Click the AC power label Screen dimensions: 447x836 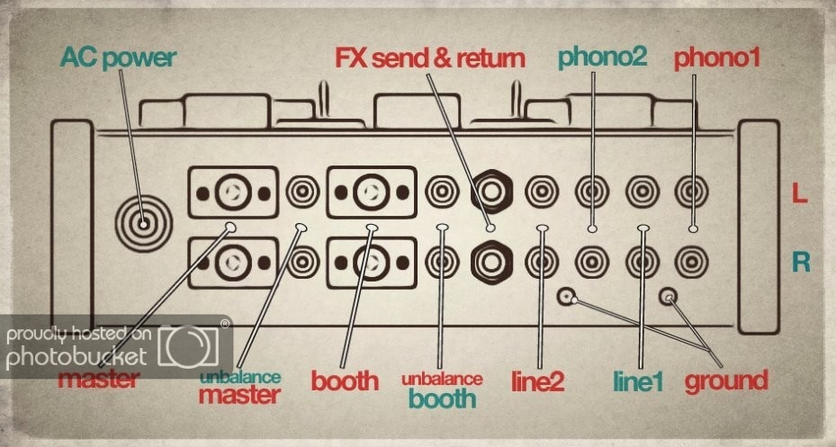point(118,59)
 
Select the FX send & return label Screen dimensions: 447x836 point(429,59)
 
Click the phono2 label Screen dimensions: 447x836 point(602,58)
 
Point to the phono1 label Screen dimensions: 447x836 point(717,59)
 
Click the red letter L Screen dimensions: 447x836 point(797,192)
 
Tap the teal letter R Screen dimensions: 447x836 point(797,262)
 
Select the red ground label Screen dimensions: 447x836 point(726,380)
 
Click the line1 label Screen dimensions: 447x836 point(637,381)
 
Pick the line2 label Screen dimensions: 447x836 point(538,381)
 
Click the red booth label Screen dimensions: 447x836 point(346,380)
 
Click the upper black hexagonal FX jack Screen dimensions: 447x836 point(492,191)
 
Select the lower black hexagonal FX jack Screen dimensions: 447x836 point(492,261)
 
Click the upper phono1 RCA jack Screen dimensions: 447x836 point(693,191)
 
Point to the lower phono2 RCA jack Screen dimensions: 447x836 point(594,261)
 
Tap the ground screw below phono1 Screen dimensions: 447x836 point(669,295)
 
